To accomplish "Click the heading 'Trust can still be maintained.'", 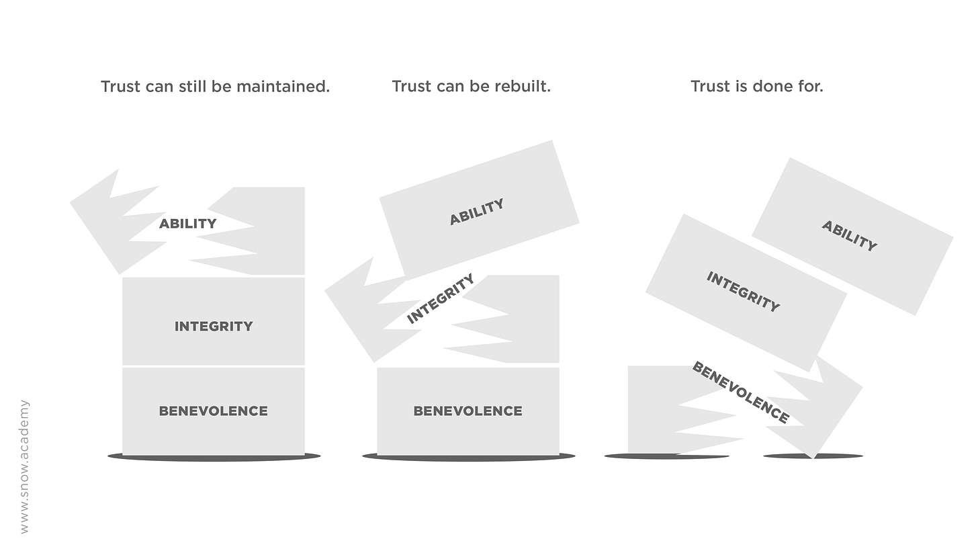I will [x=215, y=87].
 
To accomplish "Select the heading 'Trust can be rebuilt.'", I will [x=471, y=87].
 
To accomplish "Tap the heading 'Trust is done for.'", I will [x=756, y=87].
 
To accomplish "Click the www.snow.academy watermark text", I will [x=25, y=466].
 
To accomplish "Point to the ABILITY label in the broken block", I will [x=187, y=224].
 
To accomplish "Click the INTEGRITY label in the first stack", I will [x=214, y=327].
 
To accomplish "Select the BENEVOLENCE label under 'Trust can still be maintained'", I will [x=213, y=411].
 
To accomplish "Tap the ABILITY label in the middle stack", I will [x=476, y=212].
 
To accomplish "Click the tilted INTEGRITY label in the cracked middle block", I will [x=441, y=298].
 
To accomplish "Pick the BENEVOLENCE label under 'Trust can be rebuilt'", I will [x=468, y=411].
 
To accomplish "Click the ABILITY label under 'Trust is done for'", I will [x=849, y=236].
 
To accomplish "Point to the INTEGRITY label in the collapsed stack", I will [x=743, y=292].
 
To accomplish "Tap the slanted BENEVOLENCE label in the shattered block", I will [x=740, y=392].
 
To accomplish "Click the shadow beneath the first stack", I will [x=214, y=458].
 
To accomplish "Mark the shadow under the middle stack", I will [x=468, y=458].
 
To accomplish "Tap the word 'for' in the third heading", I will [x=811, y=87].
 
